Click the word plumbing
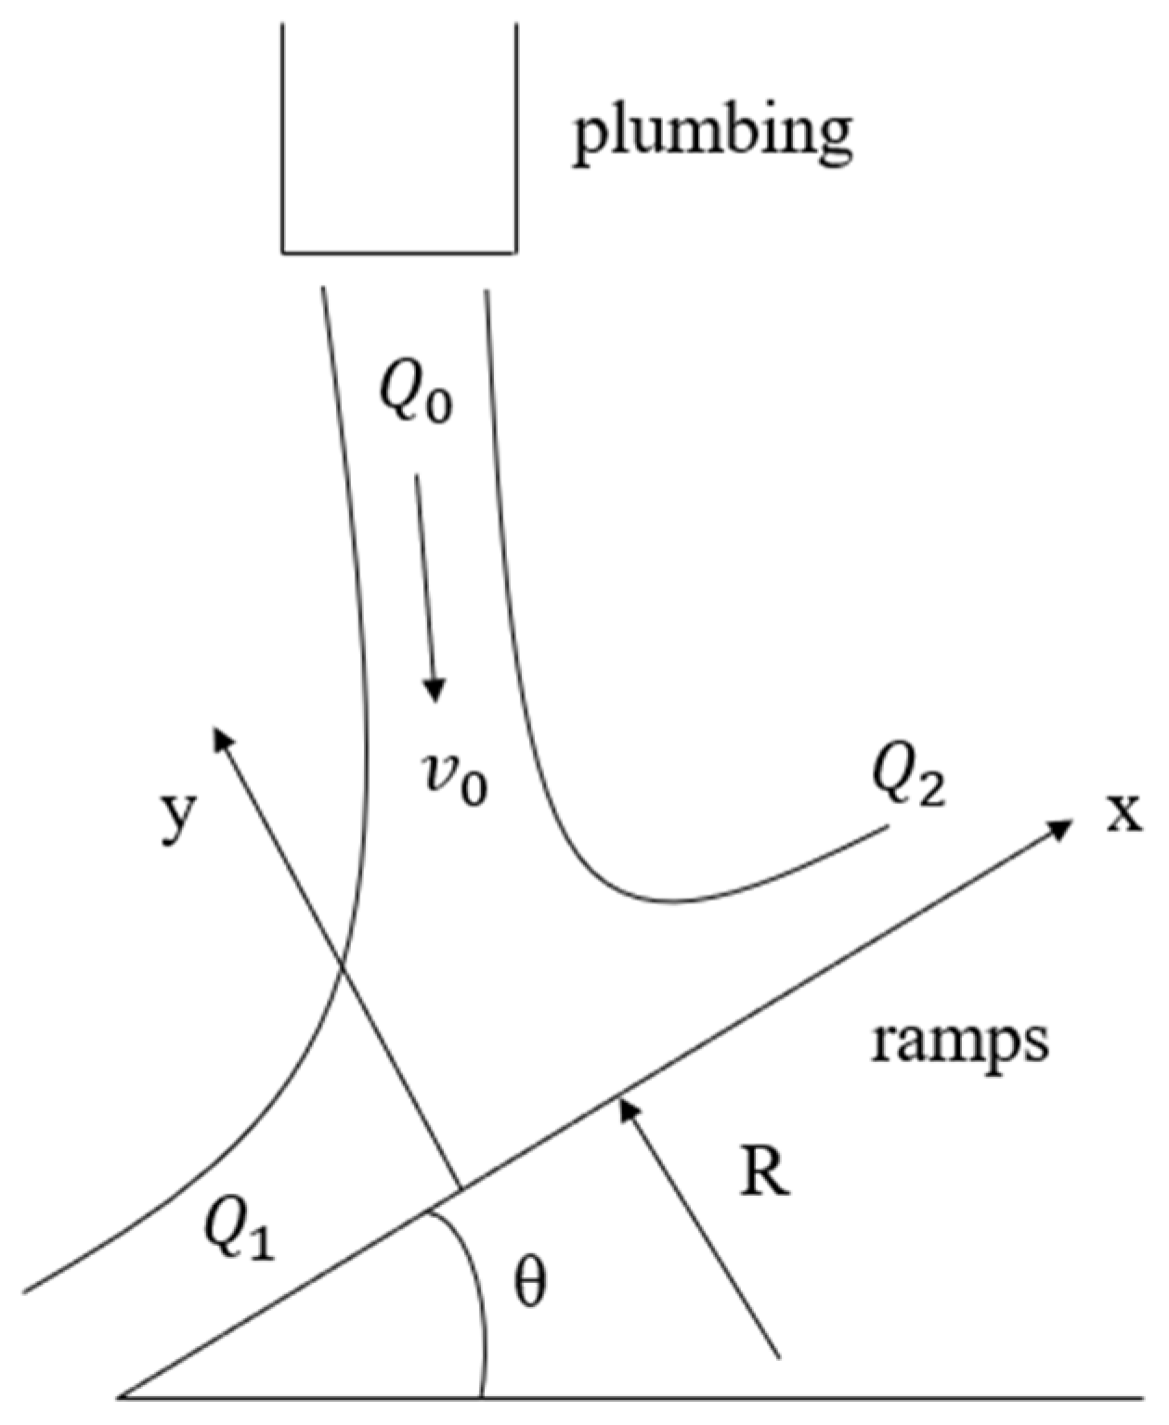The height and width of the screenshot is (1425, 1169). point(712,136)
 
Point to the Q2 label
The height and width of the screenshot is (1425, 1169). point(908,778)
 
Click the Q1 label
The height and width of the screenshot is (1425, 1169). point(240,1232)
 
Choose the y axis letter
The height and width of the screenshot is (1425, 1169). point(178,818)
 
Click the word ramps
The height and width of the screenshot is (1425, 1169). point(960,1041)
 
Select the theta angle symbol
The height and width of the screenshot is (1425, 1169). point(530,1284)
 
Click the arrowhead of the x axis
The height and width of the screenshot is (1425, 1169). point(1063,826)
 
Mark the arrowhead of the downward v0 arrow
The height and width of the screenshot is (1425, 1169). point(434,692)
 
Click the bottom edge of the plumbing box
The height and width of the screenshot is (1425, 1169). point(399,252)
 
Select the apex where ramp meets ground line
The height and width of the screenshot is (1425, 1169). point(122,1395)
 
